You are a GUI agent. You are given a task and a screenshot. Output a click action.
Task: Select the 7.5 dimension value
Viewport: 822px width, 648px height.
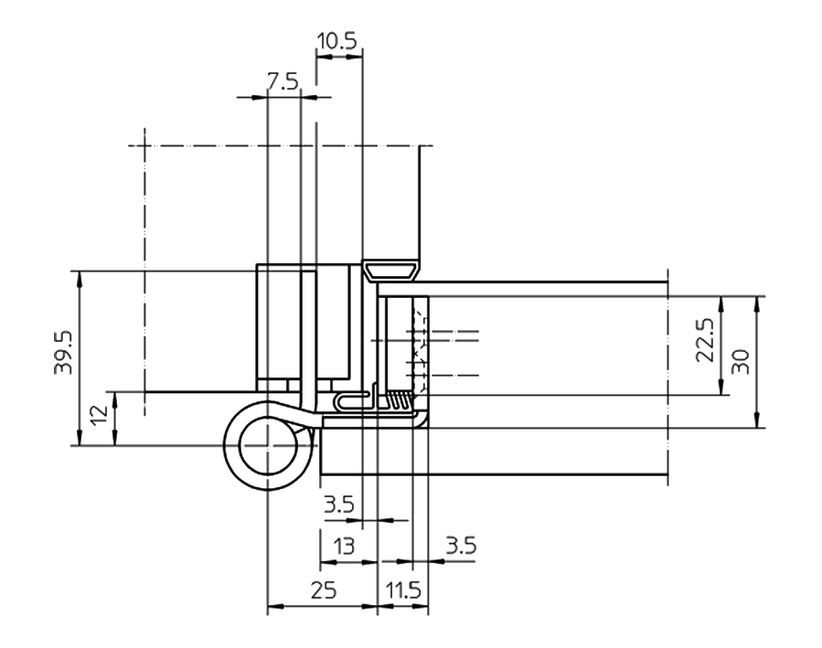pyautogui.click(x=283, y=81)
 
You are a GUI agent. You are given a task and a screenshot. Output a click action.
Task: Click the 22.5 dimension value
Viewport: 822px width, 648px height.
pyautogui.click(x=706, y=341)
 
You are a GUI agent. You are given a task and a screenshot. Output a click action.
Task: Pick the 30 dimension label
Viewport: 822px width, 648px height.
pyautogui.click(x=742, y=361)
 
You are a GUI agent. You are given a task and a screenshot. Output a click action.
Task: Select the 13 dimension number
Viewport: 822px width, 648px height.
pyautogui.click(x=344, y=547)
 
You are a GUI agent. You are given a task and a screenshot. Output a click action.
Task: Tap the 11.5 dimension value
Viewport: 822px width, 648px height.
pyautogui.click(x=402, y=590)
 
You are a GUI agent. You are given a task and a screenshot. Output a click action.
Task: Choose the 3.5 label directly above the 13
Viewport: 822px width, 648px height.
pyautogui.click(x=338, y=503)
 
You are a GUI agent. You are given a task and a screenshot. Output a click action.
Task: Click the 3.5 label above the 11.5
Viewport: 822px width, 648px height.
pyautogui.click(x=460, y=546)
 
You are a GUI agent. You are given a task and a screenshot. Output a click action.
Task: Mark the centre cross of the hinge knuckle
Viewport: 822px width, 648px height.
pyautogui.click(x=266, y=446)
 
